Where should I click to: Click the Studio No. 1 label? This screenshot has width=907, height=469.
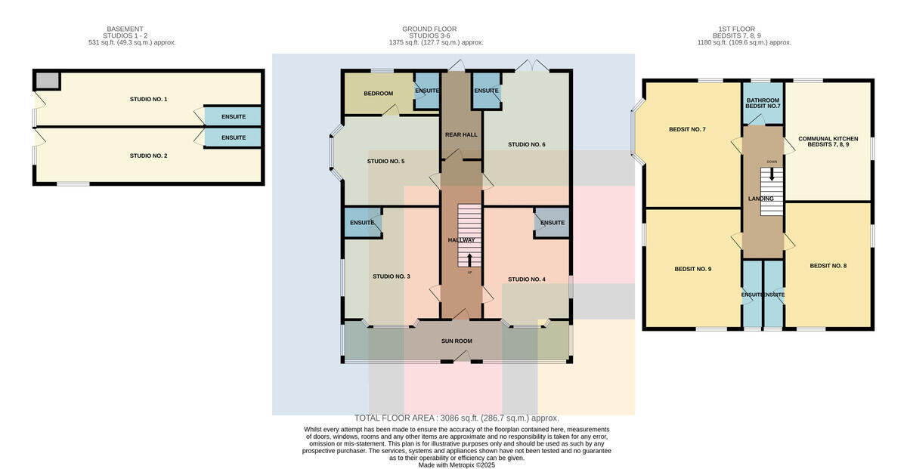pos(148,99)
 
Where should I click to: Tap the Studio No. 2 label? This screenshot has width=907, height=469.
pos(148,156)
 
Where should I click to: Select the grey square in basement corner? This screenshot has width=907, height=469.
pos(47,80)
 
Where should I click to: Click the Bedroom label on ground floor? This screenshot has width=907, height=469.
pos(378,94)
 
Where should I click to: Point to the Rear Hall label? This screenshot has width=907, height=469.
pos(461,134)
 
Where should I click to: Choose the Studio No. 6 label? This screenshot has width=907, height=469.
pos(527,144)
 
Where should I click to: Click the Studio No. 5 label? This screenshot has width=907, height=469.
pos(386,161)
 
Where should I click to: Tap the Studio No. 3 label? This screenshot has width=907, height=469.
pos(392,276)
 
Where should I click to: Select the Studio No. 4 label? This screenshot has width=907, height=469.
pos(527,279)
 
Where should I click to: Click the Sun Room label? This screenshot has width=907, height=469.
pos(457,341)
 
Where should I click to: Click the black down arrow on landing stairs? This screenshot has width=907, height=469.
pos(772,174)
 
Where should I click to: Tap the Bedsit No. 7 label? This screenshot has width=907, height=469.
pos(687,129)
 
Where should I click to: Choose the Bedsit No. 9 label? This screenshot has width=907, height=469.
pos(693,269)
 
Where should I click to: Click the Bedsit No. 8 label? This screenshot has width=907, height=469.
pos(828,266)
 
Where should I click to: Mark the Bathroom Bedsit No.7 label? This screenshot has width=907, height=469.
pos(763,103)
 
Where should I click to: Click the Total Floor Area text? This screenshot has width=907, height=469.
pos(457,418)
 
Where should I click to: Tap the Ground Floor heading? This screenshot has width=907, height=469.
pos(429,29)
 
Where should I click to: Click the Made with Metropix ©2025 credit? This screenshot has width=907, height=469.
pos(457,465)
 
